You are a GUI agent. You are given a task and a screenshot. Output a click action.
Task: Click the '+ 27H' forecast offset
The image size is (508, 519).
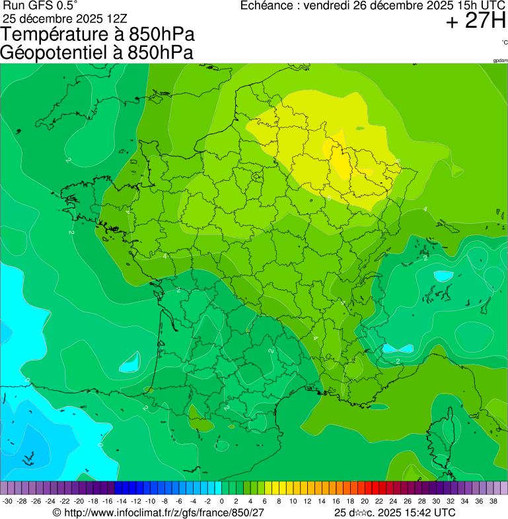click(x=476, y=22)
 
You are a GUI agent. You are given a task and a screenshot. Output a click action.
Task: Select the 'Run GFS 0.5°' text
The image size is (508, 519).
click(x=40, y=5)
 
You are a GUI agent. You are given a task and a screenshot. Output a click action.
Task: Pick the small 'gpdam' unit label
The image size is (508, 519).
click(x=500, y=61)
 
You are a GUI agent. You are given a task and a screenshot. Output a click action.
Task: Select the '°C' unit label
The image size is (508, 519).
click(x=504, y=43)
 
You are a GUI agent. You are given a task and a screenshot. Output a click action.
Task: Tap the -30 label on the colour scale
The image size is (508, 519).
click(x=7, y=502)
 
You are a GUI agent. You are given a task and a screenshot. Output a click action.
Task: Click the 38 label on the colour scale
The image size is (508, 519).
click(x=493, y=502)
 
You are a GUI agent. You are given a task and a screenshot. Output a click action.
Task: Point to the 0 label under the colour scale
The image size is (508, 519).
click(x=221, y=502)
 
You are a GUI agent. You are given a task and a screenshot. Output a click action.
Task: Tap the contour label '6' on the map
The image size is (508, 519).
click(x=329, y=197)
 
